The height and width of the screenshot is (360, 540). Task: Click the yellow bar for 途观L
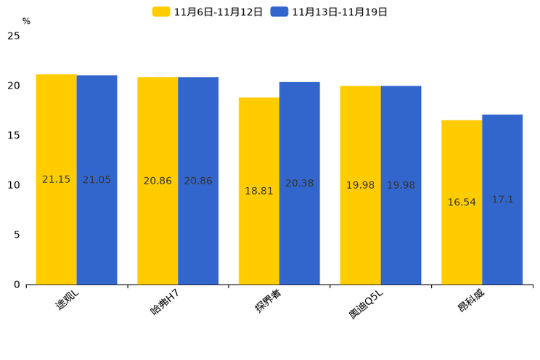[57, 179]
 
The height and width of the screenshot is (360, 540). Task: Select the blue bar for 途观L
[97, 180]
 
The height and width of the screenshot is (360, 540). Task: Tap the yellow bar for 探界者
[259, 191]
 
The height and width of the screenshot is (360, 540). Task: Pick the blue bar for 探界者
[300, 184]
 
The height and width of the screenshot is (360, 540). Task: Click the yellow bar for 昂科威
[462, 202]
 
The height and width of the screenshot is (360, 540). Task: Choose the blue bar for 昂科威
[502, 200]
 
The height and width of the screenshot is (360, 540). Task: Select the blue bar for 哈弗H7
[198, 181]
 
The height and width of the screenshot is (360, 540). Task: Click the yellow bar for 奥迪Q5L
[361, 185]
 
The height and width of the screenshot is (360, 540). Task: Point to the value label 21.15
[56, 179]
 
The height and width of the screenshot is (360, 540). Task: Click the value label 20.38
[300, 184]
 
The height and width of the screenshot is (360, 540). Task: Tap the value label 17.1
[502, 200]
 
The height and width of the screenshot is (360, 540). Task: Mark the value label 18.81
[259, 191]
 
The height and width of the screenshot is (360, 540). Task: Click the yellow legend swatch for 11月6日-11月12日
[161, 12]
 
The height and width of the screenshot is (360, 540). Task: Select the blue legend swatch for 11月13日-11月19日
[279, 12]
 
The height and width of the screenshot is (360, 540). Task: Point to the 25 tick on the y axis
[14, 36]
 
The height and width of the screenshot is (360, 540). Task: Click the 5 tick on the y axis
[17, 235]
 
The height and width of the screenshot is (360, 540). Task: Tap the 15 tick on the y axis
[14, 136]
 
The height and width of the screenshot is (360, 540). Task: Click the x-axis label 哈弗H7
[165, 302]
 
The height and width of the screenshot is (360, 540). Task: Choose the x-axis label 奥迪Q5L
[366, 304]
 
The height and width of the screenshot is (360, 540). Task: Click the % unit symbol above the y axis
[27, 21]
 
